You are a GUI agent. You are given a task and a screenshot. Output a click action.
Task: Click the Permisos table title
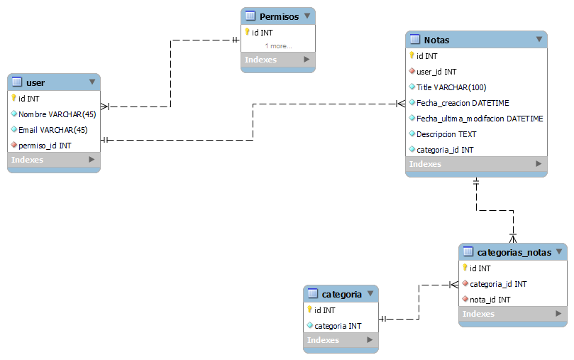279,16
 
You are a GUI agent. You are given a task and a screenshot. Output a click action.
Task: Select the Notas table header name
436,40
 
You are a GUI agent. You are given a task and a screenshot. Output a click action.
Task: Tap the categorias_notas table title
514,252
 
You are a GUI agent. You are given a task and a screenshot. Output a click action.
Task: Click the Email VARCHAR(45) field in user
53,129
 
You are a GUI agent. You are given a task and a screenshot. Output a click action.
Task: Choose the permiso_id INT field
45,145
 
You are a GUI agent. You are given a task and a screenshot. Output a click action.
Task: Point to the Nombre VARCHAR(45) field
57,114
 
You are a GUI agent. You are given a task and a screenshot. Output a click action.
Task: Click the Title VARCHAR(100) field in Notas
451,87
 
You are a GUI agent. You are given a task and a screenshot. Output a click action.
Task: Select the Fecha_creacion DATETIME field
463,103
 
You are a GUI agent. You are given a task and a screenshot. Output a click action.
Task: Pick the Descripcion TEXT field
446,134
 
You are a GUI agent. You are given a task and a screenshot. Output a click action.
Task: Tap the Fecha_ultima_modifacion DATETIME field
480,119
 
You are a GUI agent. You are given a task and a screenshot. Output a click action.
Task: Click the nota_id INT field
490,300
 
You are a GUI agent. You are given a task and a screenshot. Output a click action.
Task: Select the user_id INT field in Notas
436,72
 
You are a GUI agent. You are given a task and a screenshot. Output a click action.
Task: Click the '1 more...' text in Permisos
278,46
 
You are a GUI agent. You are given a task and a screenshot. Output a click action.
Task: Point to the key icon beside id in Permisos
247,32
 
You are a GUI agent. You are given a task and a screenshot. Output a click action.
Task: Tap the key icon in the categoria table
309,310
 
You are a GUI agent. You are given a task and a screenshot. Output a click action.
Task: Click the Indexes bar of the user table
53,160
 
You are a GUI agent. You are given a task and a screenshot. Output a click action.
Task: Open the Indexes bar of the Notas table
476,164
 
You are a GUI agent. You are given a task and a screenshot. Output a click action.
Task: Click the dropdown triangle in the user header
92,82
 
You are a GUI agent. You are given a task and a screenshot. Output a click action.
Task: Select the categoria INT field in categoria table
338,326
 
